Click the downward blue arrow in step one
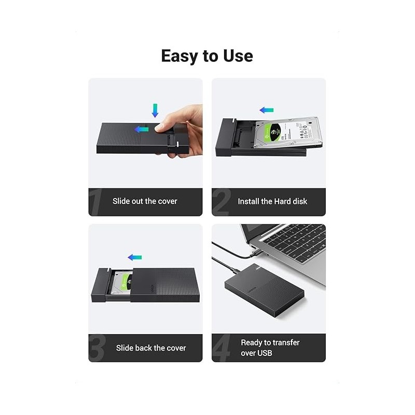(154, 110)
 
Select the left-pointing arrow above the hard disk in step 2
(267, 110)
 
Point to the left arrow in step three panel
(135, 257)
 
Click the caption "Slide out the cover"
(145, 201)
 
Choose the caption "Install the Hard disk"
(272, 201)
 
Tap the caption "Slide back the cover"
(151, 348)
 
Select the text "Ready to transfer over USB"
(270, 348)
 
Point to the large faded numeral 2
(221, 201)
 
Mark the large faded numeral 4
(221, 348)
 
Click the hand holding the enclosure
(182, 130)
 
